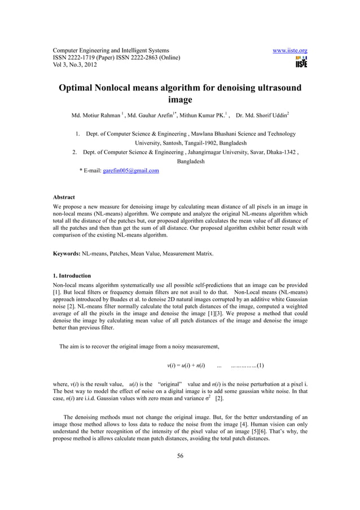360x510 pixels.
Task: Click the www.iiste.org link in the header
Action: (x=290, y=50)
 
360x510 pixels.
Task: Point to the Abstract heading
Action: (x=64, y=197)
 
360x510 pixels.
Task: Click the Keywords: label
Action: (x=67, y=254)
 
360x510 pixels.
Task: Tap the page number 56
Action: (x=180, y=456)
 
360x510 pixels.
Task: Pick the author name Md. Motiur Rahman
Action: (x=95, y=116)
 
